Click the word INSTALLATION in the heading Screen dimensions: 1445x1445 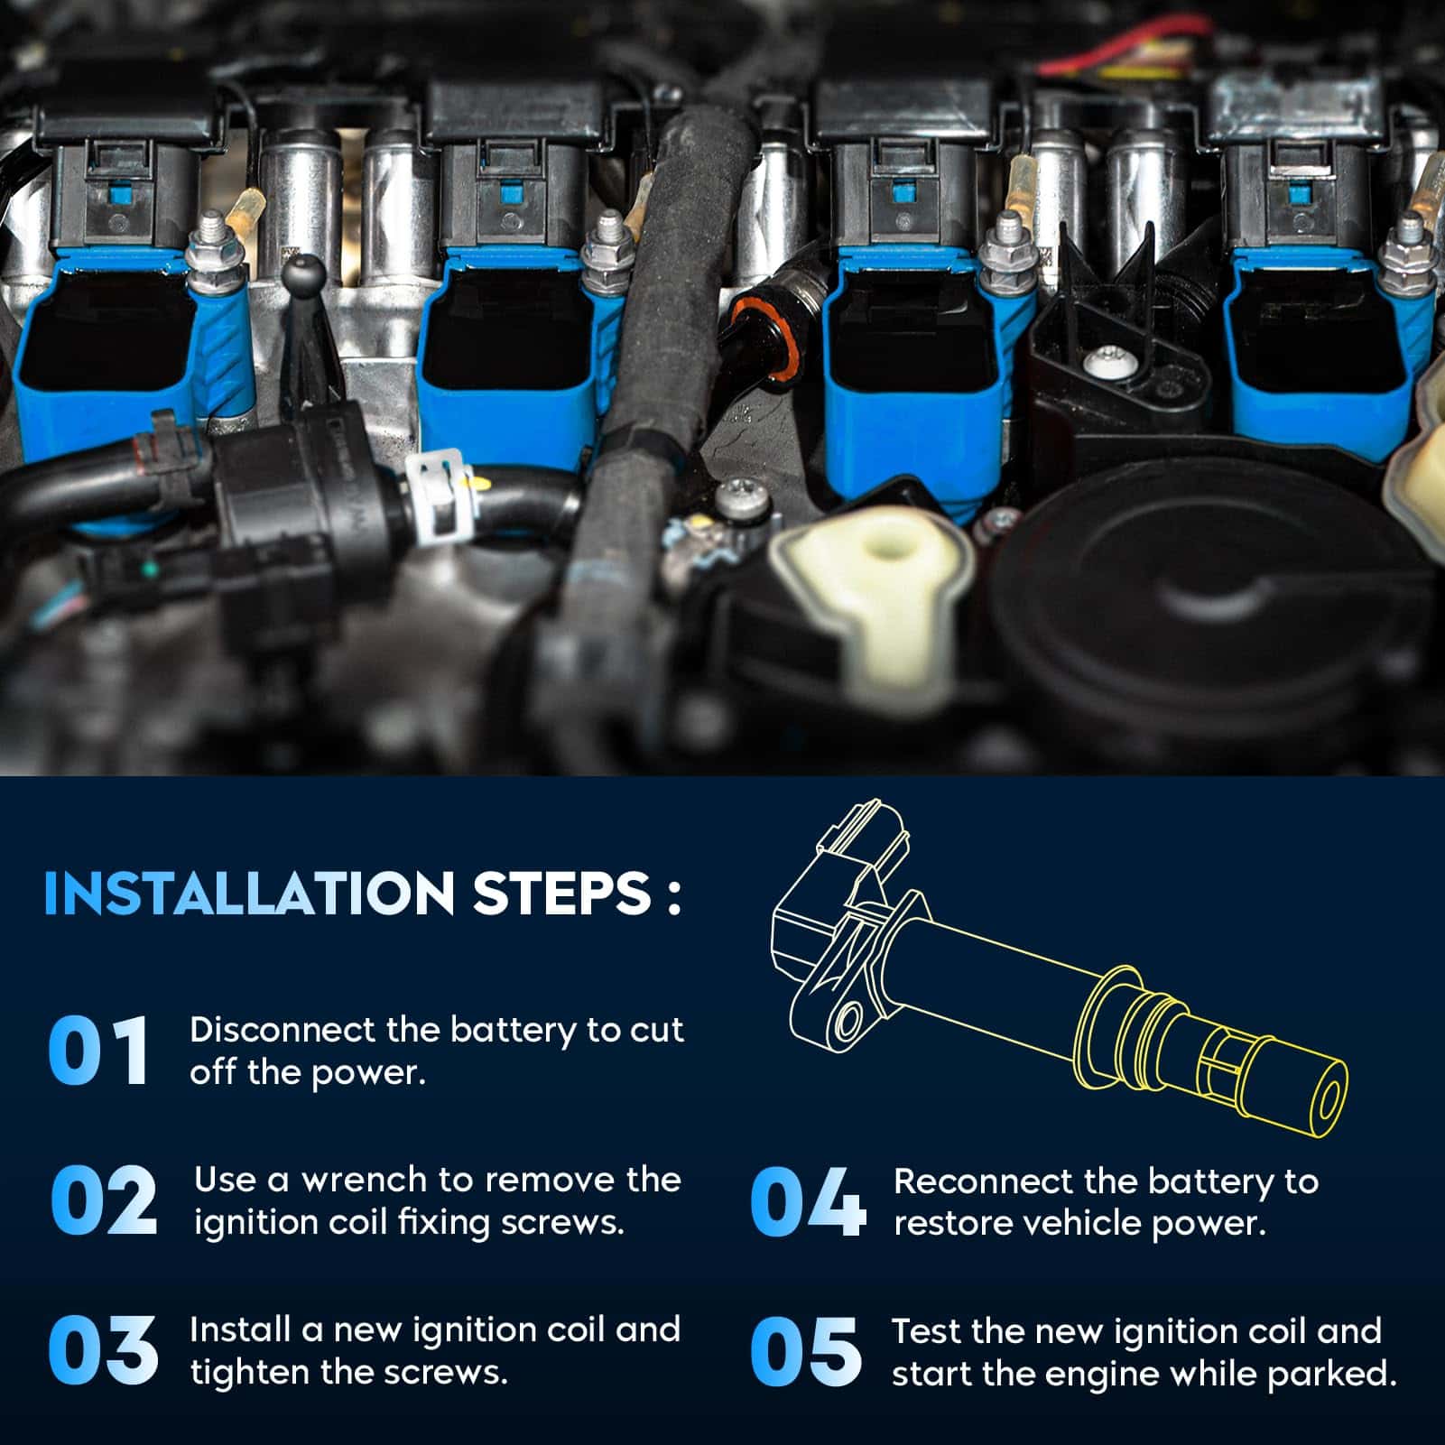click(249, 894)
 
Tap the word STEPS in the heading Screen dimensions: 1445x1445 click(561, 894)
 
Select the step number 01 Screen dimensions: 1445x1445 click(97, 1051)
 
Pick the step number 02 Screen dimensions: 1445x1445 click(104, 1200)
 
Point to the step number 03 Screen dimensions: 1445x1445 click(103, 1350)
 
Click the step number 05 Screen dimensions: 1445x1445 click(805, 1351)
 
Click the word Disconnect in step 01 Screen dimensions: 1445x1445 click(282, 1030)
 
